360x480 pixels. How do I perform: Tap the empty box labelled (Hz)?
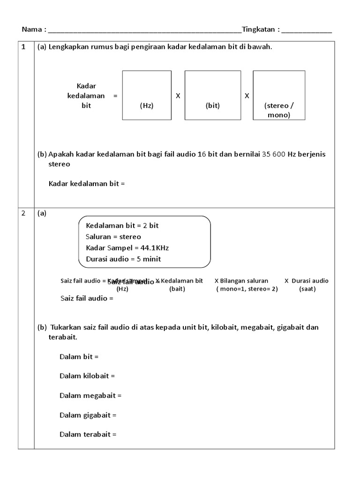point(147,95)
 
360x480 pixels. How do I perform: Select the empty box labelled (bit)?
point(213,95)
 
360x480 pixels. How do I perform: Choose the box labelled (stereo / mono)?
point(279,95)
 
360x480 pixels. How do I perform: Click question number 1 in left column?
point(23,47)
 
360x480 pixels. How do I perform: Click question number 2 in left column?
point(23,214)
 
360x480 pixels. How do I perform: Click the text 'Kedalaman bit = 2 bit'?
point(122,225)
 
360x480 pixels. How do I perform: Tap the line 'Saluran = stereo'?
point(113,237)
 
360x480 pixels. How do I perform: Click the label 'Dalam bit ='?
point(79,357)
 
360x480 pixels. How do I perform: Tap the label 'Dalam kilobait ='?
point(87,376)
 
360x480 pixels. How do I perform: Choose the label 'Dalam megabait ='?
point(90,396)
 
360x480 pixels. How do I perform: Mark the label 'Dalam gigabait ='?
point(88,415)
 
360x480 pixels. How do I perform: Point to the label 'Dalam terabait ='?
point(88,435)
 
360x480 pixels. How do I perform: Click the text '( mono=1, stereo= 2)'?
point(247,289)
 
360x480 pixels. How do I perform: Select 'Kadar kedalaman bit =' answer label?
point(87,184)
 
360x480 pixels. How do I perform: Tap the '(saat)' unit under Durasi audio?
point(307,289)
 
